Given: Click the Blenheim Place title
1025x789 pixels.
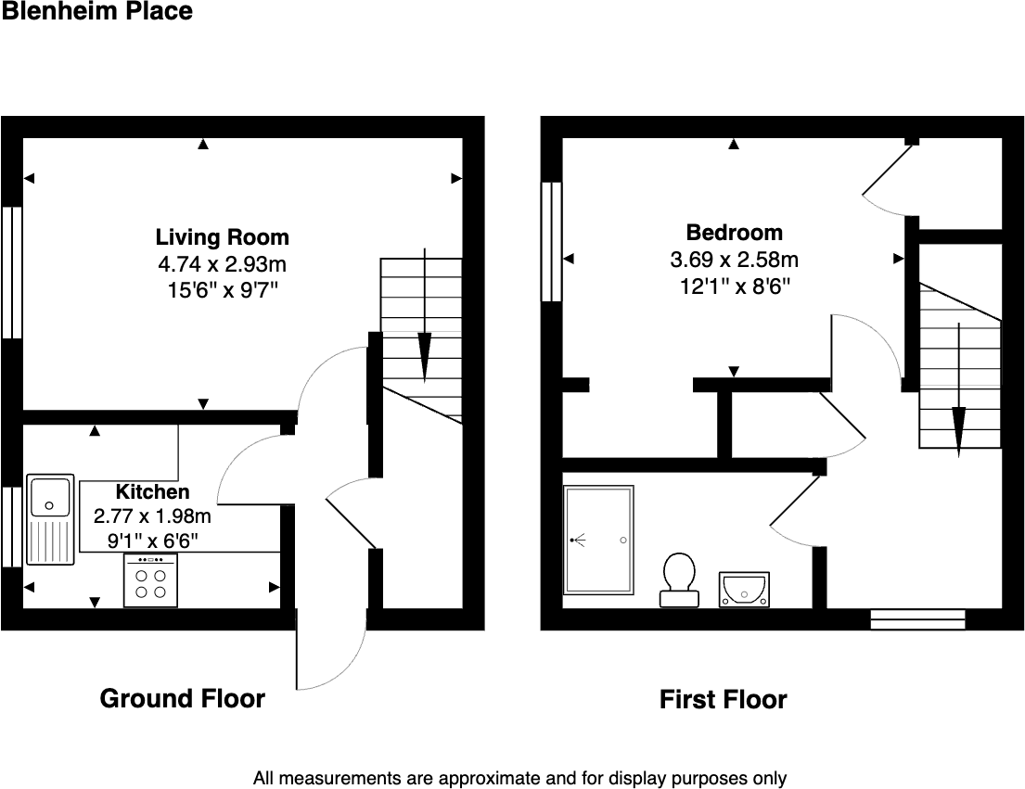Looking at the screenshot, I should point(96,12).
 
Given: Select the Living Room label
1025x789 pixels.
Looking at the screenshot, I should point(222,237).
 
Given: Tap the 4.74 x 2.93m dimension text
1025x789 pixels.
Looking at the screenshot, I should point(222,264).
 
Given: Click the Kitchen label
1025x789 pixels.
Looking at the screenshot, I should point(152,492).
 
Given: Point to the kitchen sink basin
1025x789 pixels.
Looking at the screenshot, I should point(50,496).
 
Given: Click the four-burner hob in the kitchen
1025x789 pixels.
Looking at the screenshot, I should point(150,581).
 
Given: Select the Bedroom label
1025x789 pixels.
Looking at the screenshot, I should point(734,233).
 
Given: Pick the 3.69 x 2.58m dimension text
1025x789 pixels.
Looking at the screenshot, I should point(734,260).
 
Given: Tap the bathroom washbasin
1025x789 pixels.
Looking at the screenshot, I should point(744,589).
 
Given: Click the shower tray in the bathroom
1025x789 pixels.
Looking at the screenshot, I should point(598,541).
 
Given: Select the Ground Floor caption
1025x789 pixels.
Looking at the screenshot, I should point(182,699).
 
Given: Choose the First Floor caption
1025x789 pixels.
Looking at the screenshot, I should point(723,700).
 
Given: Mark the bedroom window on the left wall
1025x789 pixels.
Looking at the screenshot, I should point(551,241).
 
